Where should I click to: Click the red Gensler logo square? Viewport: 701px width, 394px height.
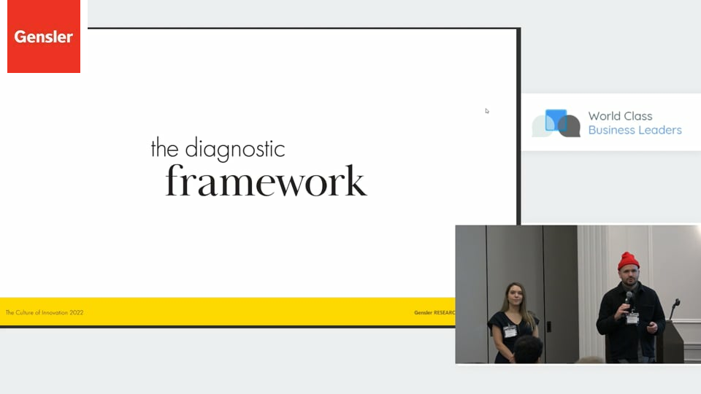(x=44, y=36)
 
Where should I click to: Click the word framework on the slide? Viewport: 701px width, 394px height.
(x=266, y=181)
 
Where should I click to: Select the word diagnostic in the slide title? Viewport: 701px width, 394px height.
(x=235, y=149)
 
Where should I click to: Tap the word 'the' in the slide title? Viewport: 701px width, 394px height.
(x=165, y=148)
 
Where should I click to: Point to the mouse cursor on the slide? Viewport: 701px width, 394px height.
(x=487, y=111)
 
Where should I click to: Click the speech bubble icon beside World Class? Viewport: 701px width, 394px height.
(x=556, y=123)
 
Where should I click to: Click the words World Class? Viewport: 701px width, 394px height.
(x=620, y=116)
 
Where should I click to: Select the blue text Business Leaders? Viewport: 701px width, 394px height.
(x=635, y=130)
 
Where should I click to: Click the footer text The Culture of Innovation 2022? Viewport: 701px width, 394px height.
(x=45, y=313)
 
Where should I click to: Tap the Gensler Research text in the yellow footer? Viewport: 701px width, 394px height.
(x=434, y=313)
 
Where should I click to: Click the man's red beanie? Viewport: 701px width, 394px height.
(x=628, y=261)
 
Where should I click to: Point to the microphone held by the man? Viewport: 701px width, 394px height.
(x=629, y=300)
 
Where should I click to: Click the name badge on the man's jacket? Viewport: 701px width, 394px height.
(x=632, y=318)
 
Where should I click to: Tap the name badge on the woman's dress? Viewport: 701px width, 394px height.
(x=510, y=331)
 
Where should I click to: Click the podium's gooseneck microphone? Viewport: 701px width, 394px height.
(x=674, y=308)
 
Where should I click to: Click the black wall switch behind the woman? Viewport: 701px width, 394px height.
(x=548, y=327)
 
